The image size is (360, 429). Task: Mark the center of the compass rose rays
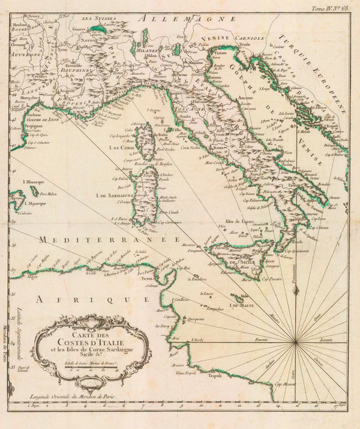point(297,343)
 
